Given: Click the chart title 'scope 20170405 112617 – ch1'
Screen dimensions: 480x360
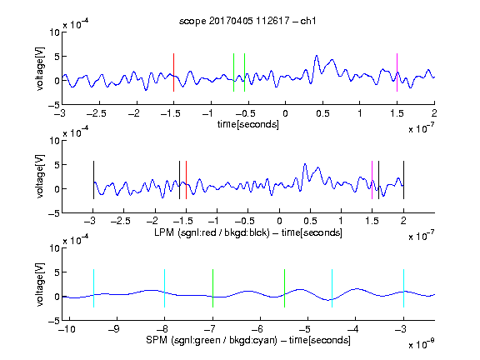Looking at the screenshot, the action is (247, 21).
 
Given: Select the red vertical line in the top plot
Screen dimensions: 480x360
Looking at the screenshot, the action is (173, 72).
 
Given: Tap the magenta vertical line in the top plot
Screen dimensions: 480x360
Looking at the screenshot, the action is (397, 72).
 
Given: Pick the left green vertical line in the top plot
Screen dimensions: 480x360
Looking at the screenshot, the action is (233, 72).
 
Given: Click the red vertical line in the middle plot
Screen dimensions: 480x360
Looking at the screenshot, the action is (186, 180).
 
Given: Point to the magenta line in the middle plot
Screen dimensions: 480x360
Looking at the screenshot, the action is (372, 180).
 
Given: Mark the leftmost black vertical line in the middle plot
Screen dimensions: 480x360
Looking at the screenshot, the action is (93, 180).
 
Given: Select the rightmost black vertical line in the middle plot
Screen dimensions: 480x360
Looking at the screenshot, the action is (403, 180).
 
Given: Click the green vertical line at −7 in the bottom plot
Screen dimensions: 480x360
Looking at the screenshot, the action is (212, 288).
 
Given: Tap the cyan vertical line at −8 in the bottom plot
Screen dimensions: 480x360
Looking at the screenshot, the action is (164, 288).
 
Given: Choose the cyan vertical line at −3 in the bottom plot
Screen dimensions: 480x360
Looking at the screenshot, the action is (403, 288).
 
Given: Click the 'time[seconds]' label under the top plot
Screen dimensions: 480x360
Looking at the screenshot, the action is (248, 125).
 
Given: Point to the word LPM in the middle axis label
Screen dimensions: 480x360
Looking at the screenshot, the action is (164, 232).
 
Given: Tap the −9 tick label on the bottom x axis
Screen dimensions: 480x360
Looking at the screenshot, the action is (114, 329).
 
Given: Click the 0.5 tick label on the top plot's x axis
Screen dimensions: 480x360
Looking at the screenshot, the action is (322, 113).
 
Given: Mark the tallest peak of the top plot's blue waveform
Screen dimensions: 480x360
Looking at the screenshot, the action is (317, 56).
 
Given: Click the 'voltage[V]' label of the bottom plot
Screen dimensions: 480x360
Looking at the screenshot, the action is (40, 284).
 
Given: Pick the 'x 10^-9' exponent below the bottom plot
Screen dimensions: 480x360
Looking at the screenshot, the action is (421, 344).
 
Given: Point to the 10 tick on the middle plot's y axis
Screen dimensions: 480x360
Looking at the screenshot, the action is (55, 141).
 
